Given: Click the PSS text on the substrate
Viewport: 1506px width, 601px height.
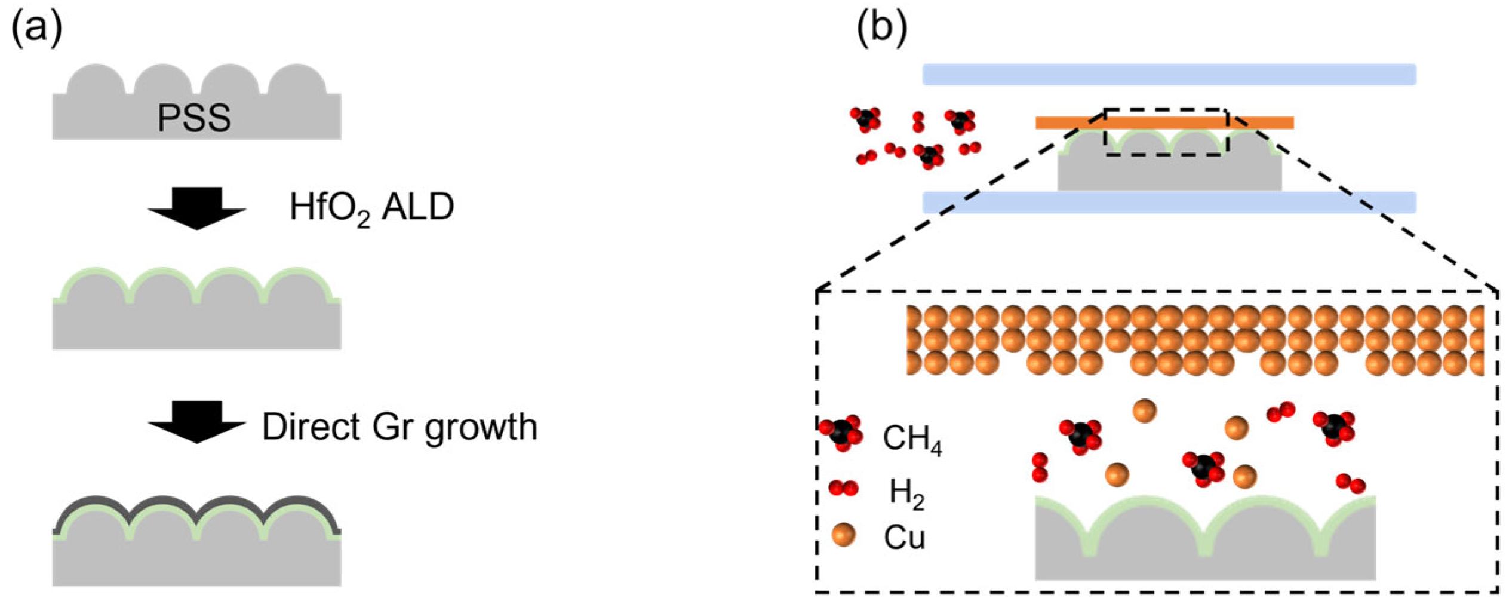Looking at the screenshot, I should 194,118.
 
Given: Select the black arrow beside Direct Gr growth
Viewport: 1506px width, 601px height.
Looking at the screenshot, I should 197,422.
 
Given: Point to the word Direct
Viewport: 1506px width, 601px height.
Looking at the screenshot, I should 311,427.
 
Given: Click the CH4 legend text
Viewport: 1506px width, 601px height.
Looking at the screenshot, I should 912,439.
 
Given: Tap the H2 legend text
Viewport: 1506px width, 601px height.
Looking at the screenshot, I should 906,493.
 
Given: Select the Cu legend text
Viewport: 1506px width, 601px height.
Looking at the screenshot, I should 904,538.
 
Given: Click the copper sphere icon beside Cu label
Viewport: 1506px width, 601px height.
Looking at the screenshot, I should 843,535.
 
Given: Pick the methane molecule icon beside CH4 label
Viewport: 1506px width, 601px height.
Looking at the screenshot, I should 841,433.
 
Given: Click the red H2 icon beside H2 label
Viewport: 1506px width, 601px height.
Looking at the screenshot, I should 843,489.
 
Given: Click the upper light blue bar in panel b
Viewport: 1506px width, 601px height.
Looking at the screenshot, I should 1169,75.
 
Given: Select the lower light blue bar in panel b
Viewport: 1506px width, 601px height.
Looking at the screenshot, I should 1169,203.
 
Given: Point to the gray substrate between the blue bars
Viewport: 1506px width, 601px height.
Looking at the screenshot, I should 1169,173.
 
